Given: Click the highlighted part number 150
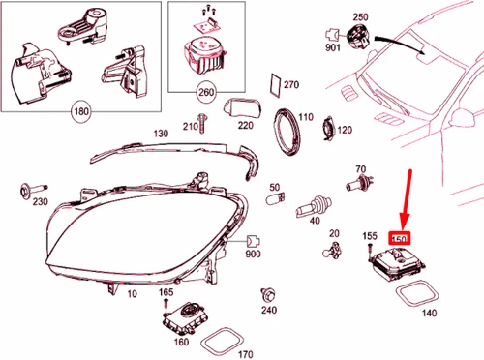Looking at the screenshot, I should click(400, 237).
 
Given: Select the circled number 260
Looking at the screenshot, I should click(205, 93).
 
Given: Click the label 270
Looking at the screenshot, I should click(291, 85).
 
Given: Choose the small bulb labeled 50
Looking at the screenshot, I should click(275, 202).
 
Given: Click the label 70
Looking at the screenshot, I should click(360, 169).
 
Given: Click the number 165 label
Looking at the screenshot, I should click(166, 292).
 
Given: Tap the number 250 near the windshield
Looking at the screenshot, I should click(361, 18).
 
